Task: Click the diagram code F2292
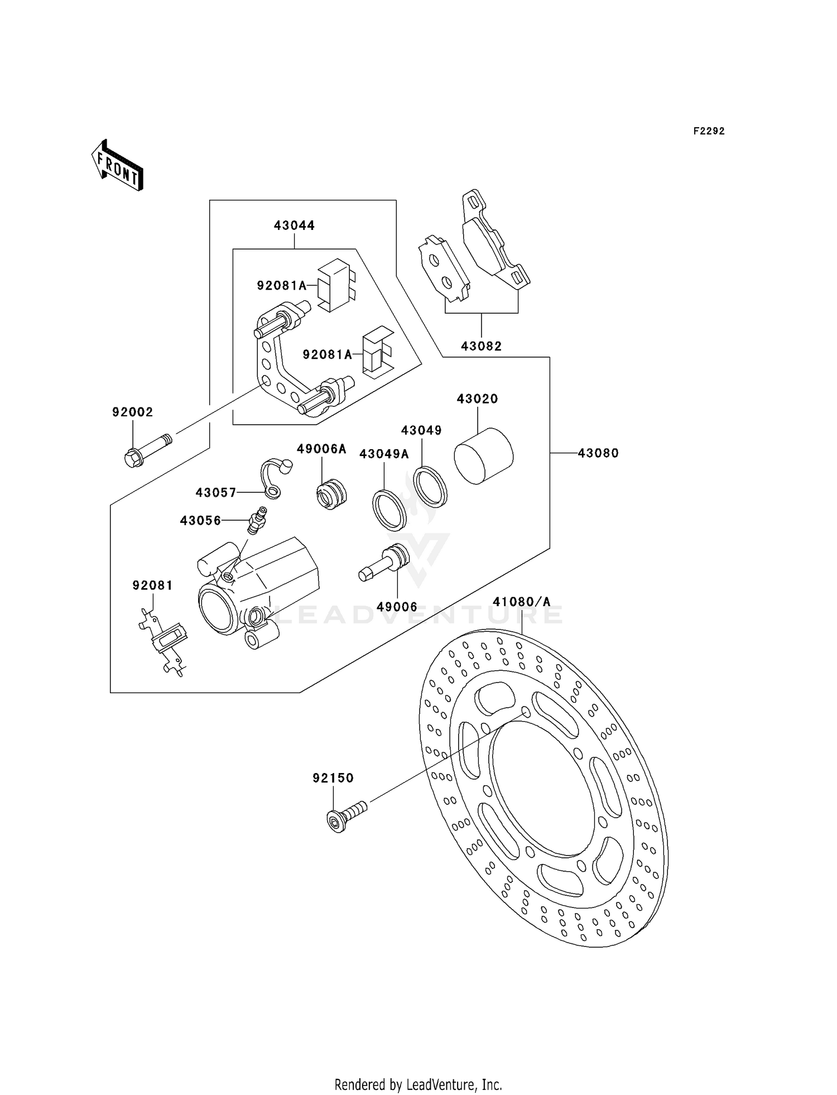(x=709, y=131)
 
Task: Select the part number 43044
(x=294, y=225)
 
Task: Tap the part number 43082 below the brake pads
(x=481, y=346)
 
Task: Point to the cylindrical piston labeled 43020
(x=483, y=455)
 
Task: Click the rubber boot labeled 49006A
(x=331, y=493)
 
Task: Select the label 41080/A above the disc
(x=521, y=602)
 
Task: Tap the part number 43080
(x=598, y=453)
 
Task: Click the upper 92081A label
(x=281, y=286)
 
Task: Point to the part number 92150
(x=333, y=778)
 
